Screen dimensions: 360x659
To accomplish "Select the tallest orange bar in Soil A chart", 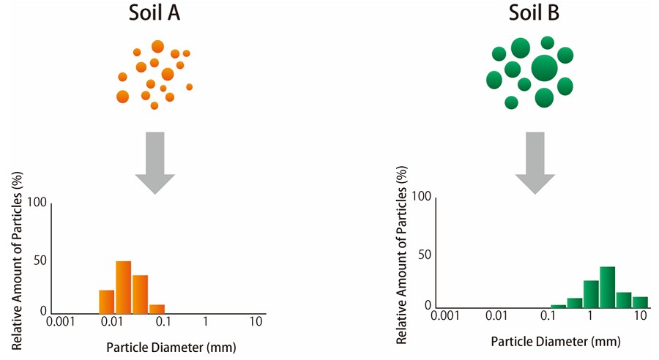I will click(123, 287).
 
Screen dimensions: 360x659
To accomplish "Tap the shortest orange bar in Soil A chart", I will click(157, 309).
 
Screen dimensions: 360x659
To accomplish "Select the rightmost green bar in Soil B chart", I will click(640, 302).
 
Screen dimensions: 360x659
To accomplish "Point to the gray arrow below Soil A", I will click(154, 162).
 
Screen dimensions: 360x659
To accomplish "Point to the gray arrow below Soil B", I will click(535, 162).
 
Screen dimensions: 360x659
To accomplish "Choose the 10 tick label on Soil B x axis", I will click(641, 316).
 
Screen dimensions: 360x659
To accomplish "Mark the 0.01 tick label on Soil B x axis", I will click(496, 316).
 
